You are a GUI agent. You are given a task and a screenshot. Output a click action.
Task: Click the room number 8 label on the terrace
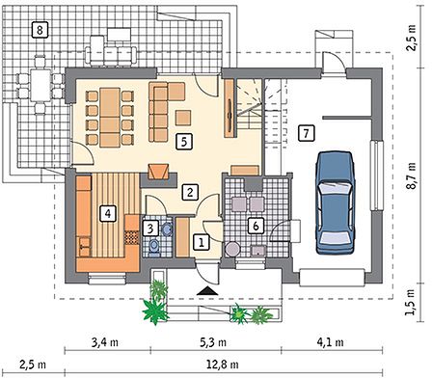(40, 30)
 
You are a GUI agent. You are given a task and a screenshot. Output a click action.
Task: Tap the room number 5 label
(184, 142)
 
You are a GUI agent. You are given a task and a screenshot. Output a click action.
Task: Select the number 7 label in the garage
(306, 132)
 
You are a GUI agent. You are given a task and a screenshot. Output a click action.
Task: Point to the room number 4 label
(108, 213)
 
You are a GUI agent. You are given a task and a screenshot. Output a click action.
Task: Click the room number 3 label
(150, 229)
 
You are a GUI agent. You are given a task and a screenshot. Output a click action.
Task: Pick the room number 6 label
(256, 226)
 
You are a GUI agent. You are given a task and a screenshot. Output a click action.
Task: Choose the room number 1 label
(202, 242)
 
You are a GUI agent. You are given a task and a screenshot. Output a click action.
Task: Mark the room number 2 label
(190, 192)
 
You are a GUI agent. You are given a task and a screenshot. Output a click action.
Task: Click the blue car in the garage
(336, 202)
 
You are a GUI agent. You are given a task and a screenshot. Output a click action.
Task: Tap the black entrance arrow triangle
(207, 290)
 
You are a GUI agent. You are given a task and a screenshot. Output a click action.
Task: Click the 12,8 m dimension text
(224, 364)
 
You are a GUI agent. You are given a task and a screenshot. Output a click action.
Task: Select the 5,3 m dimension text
(213, 342)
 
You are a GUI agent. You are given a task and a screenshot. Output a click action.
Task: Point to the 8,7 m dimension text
(412, 176)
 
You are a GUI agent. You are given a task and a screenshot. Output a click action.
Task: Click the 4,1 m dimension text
(330, 342)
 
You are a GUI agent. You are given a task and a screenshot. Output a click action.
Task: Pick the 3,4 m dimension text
(105, 342)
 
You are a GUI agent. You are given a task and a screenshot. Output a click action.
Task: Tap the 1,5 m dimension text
(412, 303)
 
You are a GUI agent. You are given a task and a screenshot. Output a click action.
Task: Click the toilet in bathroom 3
(154, 246)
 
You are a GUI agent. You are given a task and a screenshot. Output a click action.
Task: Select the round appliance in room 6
(232, 250)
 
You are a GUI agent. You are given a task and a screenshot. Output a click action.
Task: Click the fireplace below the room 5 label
(158, 172)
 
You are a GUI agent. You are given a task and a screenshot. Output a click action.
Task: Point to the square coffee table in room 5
(183, 118)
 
